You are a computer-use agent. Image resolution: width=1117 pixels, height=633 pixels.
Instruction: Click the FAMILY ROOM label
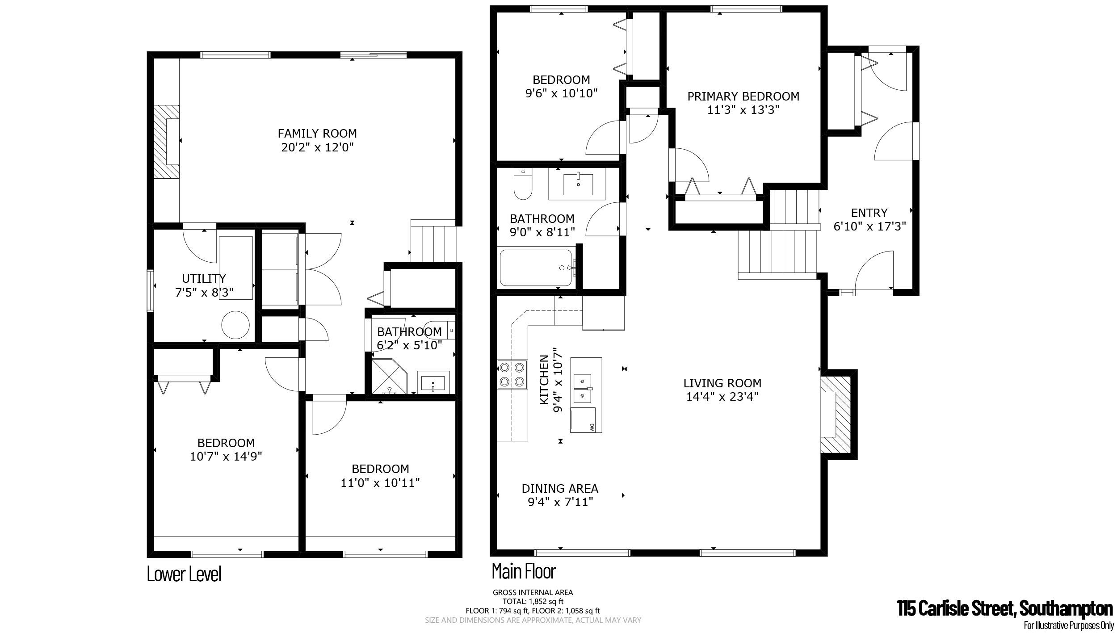click(317, 133)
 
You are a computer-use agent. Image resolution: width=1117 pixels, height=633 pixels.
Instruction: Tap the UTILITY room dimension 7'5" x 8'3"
click(204, 293)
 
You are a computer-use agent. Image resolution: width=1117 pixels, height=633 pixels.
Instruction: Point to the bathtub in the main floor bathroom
click(536, 268)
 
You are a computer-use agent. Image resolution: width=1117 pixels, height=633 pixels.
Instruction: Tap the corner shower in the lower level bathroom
click(389, 376)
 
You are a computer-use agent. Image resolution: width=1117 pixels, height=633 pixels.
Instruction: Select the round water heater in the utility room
click(235, 325)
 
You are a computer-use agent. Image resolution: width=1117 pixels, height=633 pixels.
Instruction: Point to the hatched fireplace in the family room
click(167, 142)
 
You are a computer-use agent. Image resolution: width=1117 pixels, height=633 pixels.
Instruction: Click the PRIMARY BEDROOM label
click(743, 96)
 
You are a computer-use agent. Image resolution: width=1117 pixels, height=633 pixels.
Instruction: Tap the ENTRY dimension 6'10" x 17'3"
click(869, 226)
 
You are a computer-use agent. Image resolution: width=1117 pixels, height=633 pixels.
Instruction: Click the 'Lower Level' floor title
click(184, 574)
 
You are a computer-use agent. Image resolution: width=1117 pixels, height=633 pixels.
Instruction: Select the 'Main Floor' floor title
click(524, 571)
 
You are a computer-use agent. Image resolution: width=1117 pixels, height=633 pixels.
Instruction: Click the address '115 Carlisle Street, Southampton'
click(1005, 608)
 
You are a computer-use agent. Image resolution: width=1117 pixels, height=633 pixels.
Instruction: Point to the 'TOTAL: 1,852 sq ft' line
click(533, 601)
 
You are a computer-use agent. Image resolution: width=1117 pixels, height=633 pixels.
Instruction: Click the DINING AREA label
click(560, 489)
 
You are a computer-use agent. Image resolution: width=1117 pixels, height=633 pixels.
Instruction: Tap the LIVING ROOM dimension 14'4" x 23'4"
click(722, 396)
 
